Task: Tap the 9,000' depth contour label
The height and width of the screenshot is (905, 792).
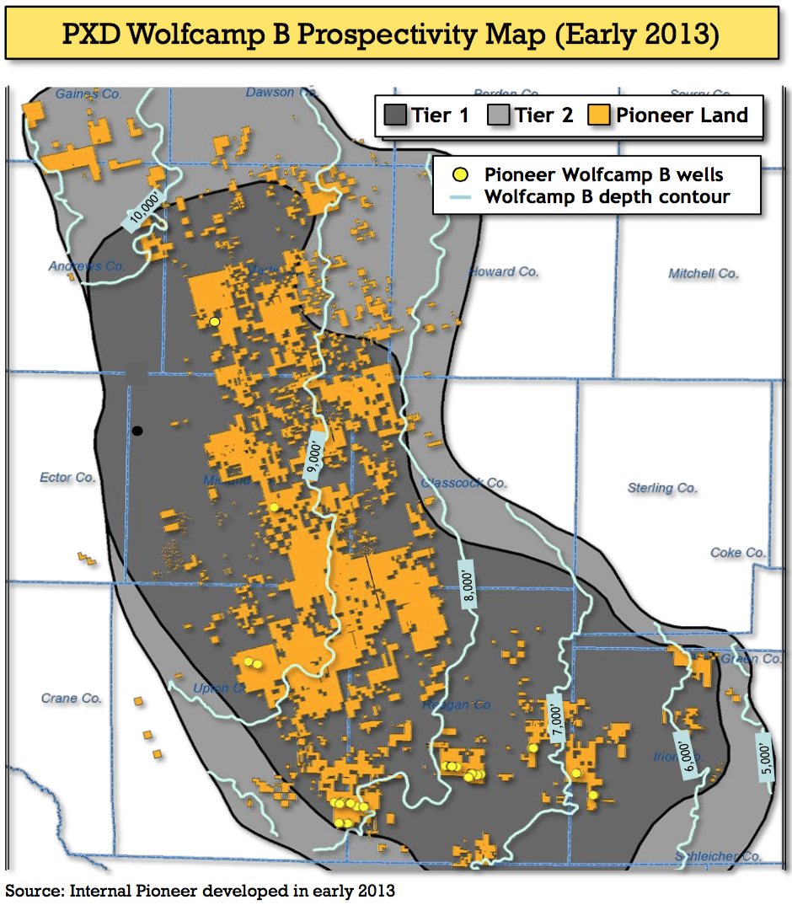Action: (313, 455)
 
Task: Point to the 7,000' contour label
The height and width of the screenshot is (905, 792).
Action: (555, 715)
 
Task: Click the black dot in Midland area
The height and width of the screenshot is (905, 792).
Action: (137, 431)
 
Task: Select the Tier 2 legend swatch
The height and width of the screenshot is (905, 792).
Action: (499, 115)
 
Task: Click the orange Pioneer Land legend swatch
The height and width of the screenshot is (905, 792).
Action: (599, 115)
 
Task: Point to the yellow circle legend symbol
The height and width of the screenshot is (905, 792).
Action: (459, 175)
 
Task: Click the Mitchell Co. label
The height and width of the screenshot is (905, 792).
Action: (703, 273)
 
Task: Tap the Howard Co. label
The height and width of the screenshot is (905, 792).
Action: (504, 271)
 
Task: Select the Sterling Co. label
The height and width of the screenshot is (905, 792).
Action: (662, 487)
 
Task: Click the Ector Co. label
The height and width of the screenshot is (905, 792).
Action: (67, 477)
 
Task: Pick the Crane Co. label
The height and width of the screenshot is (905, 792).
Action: (71, 698)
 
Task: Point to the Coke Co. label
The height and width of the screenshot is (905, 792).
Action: (737, 552)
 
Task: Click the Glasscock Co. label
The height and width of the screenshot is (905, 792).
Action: (463, 483)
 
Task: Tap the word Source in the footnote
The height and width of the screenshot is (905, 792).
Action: (34, 890)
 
